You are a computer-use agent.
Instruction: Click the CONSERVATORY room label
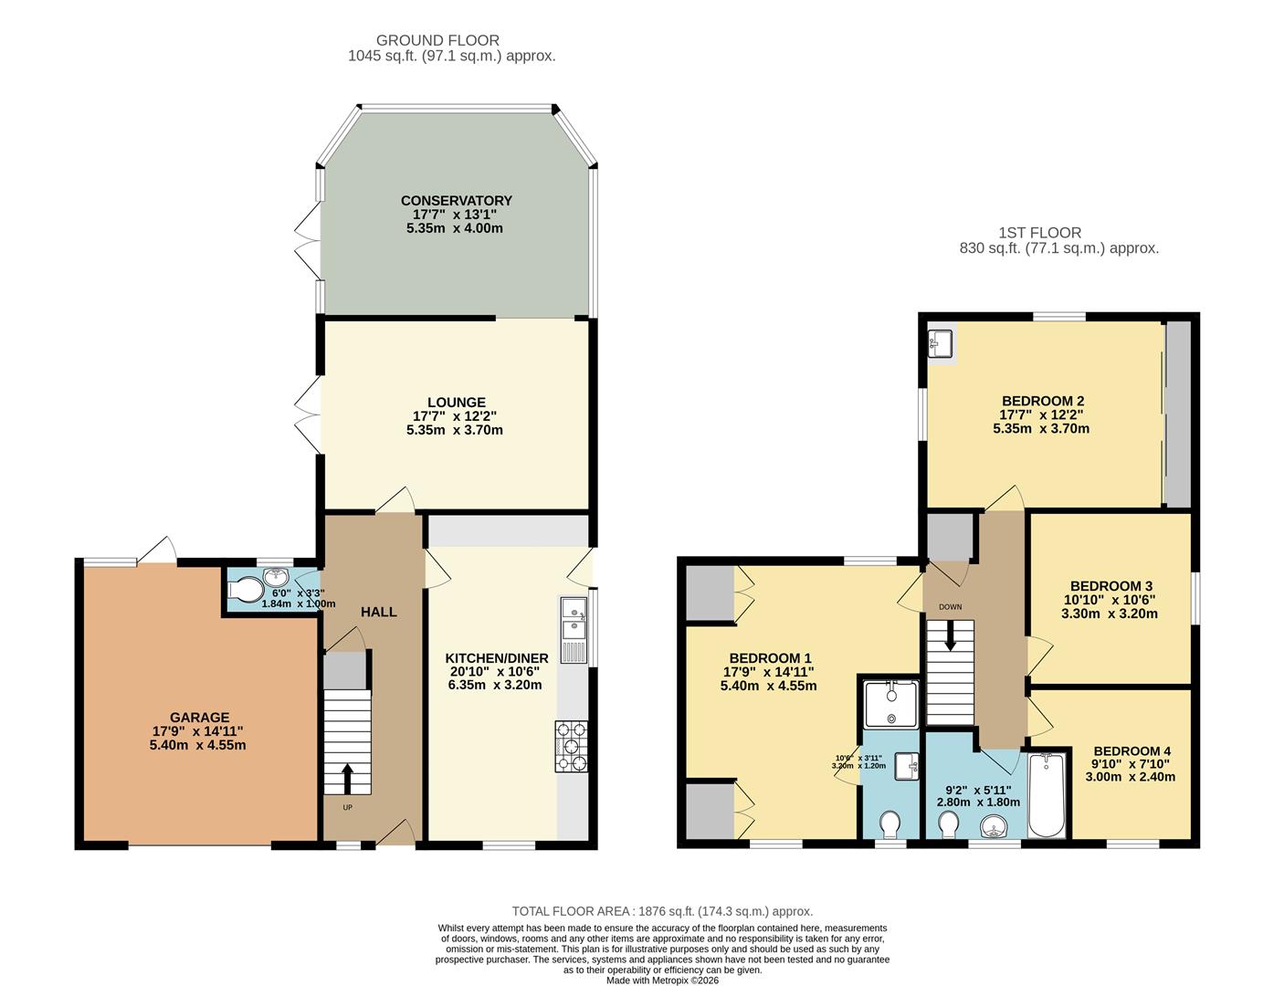pos(456,201)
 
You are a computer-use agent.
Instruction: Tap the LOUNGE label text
pos(456,403)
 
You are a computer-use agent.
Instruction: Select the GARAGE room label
pos(199,718)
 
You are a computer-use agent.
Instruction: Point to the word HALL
pos(378,612)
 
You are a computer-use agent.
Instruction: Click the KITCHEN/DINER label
pos(496,658)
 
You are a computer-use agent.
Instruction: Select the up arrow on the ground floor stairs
pos(347,779)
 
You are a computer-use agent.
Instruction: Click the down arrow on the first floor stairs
pos(950,636)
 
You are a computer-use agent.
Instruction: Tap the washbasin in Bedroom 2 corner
pos(940,344)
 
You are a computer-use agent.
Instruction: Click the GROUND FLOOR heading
pos(437,40)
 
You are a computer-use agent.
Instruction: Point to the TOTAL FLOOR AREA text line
pos(662,911)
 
